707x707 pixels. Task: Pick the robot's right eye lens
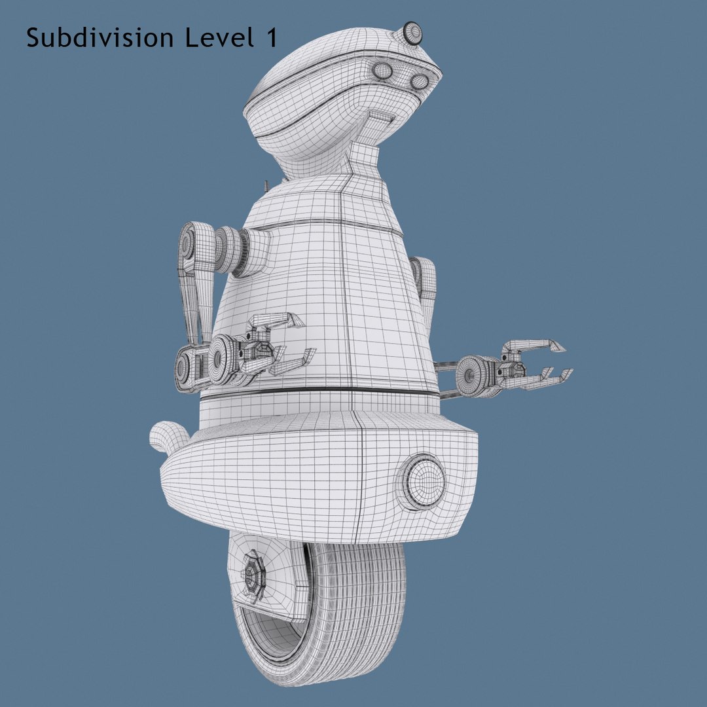419,81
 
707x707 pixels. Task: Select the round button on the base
421,482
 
